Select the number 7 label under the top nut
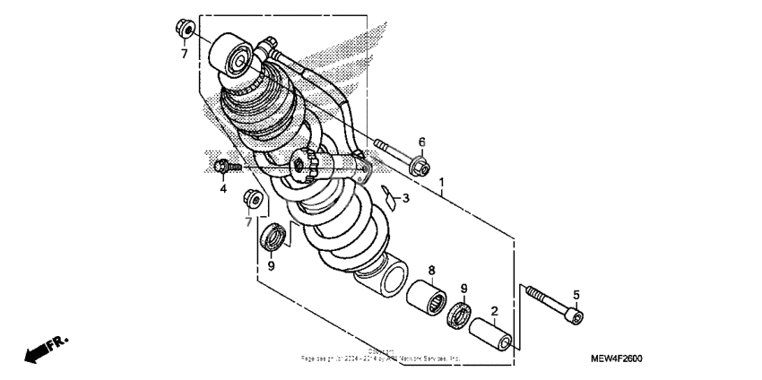tap(184, 55)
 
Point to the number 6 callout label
tap(421, 142)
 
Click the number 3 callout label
tap(405, 198)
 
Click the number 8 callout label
tap(431, 270)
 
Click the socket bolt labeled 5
tap(555, 304)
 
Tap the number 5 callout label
tap(576, 295)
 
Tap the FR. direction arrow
tap(45, 350)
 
